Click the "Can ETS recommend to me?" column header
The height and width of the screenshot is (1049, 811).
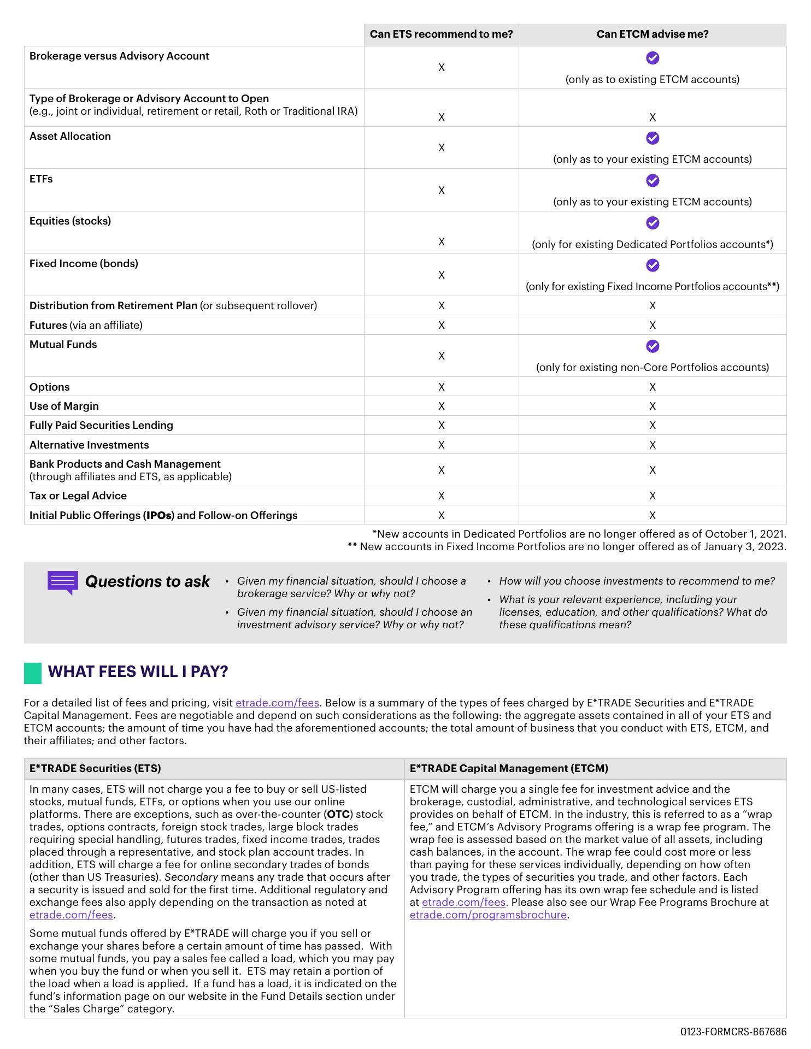tap(441, 34)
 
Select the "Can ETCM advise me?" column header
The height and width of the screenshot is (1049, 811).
tap(652, 34)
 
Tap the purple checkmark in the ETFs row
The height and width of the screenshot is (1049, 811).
tap(653, 180)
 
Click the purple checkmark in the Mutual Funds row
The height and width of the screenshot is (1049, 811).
tap(653, 346)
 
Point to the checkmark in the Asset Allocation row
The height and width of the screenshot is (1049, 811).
tap(653, 138)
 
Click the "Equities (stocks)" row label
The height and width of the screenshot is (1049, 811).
tap(70, 221)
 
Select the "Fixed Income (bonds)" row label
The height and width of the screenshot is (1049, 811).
tap(84, 264)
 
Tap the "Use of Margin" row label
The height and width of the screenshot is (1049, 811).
tap(64, 406)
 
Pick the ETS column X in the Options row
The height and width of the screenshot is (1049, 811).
tap(442, 387)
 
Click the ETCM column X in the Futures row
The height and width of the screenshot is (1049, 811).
tap(653, 325)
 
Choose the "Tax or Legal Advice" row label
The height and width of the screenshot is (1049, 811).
tap(78, 496)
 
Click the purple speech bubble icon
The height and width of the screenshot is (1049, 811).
tap(63, 582)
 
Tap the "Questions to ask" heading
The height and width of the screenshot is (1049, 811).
tap(147, 581)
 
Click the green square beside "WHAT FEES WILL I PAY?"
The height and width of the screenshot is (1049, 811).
tap(33, 673)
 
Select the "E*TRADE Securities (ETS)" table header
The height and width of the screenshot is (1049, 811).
tap(95, 769)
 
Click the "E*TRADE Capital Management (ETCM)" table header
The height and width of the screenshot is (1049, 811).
tap(509, 769)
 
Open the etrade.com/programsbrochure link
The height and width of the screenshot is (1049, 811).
tap(488, 915)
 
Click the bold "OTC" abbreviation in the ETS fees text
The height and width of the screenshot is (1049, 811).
tap(338, 814)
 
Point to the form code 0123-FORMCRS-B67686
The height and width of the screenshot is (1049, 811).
tap(733, 1032)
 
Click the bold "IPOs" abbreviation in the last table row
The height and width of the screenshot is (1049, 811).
tap(158, 515)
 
